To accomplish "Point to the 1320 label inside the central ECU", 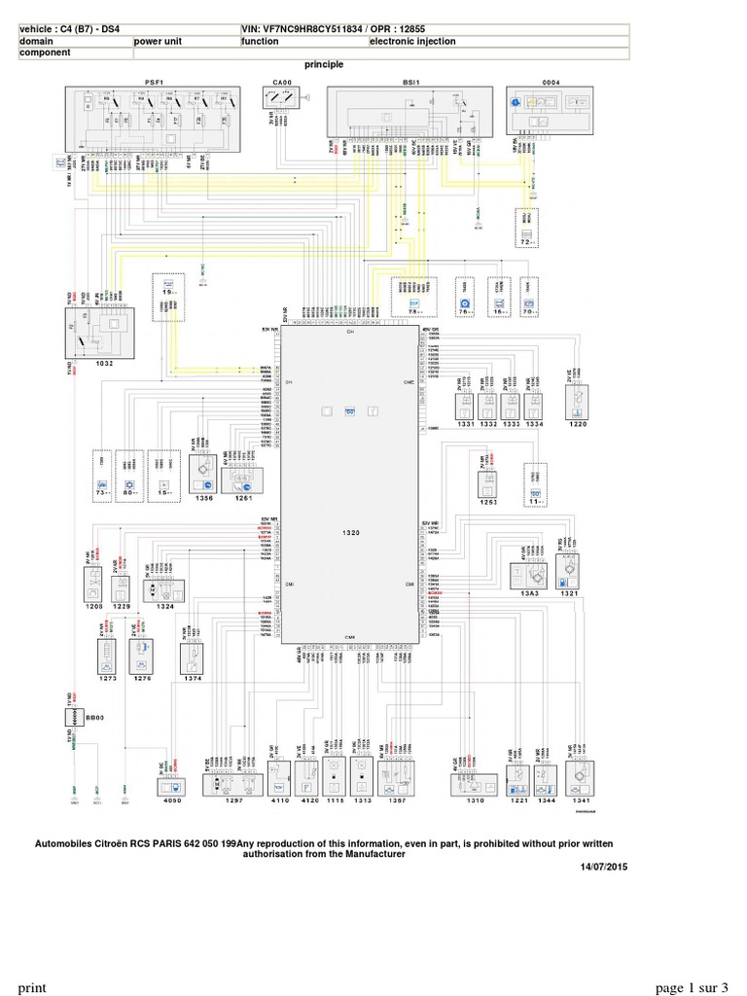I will coord(351,534).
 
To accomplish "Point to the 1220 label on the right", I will coord(578,425).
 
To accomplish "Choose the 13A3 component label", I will coord(530,594).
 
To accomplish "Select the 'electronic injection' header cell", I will coord(412,42).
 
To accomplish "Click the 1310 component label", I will coord(476,804).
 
